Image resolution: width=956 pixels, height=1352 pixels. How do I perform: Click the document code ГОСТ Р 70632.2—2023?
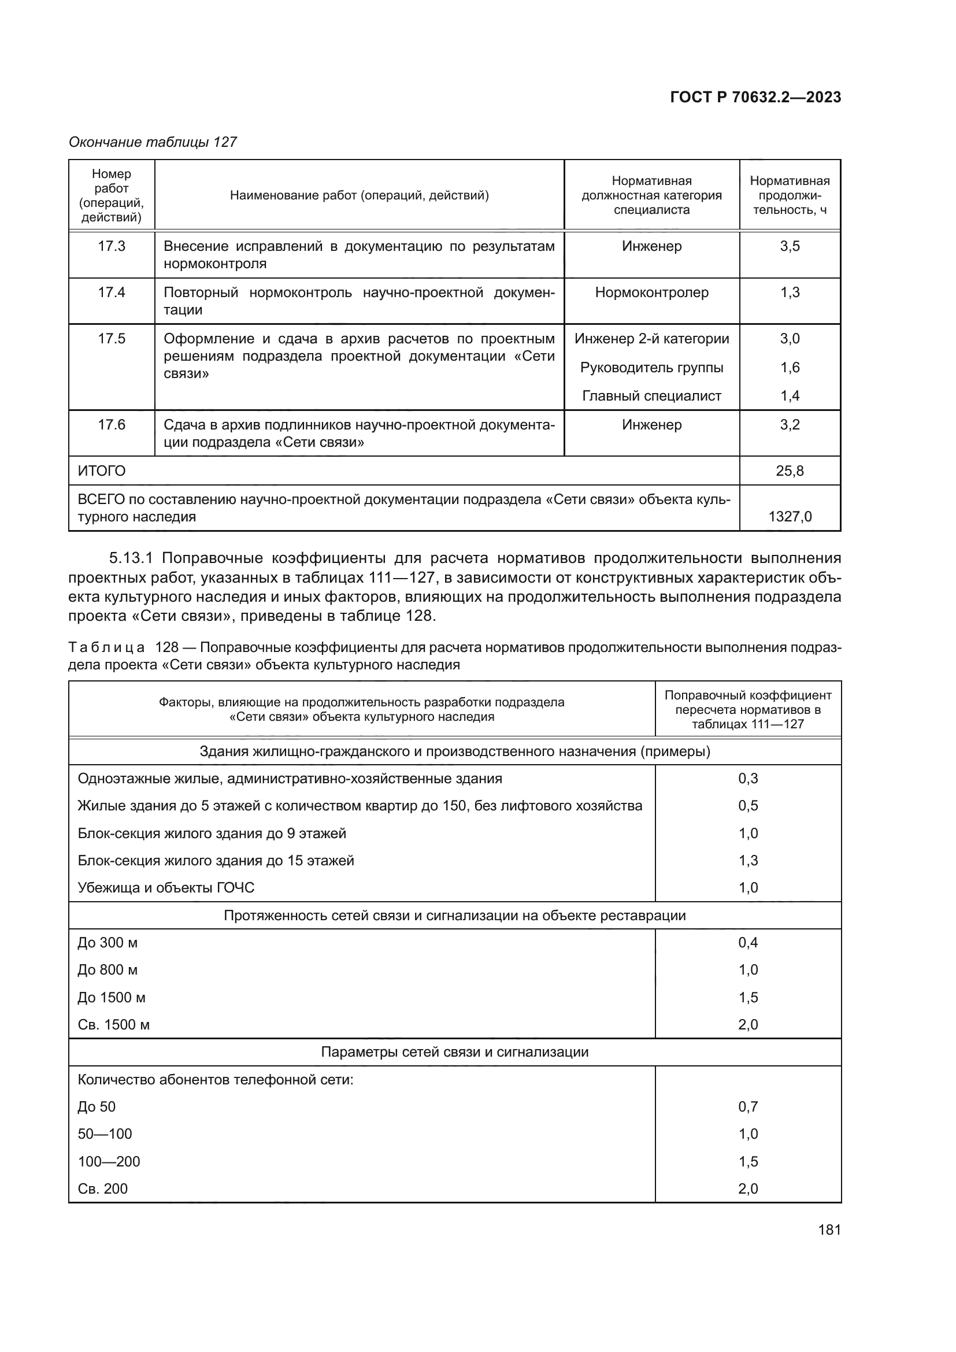[755, 98]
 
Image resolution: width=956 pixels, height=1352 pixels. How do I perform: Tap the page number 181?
[829, 1230]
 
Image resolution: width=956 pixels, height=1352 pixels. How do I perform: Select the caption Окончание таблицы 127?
[153, 142]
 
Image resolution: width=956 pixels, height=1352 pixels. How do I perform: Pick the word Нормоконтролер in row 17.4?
[651, 292]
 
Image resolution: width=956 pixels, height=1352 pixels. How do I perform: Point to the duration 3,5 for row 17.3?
[790, 246]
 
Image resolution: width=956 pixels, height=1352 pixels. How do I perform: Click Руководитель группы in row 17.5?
[651, 368]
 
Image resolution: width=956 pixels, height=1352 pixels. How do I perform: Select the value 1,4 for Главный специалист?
[790, 396]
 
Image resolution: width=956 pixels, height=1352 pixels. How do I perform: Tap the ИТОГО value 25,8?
[790, 471]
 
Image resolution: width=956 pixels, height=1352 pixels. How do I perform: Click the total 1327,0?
[790, 517]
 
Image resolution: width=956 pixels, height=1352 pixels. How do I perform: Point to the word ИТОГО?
[102, 471]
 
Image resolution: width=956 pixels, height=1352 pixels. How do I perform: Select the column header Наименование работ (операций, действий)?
[359, 195]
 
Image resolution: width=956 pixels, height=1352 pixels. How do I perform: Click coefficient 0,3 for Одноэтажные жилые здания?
[747, 779]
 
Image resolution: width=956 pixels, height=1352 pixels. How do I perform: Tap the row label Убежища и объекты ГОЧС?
[166, 887]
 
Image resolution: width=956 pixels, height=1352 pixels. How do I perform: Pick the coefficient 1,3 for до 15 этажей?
[747, 860]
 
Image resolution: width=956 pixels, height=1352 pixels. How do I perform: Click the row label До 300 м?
[108, 943]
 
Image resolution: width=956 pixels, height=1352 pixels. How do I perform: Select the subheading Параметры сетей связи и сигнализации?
[454, 1051]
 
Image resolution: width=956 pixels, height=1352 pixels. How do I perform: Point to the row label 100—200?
[109, 1161]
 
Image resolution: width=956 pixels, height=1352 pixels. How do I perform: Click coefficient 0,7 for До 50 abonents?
[747, 1106]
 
